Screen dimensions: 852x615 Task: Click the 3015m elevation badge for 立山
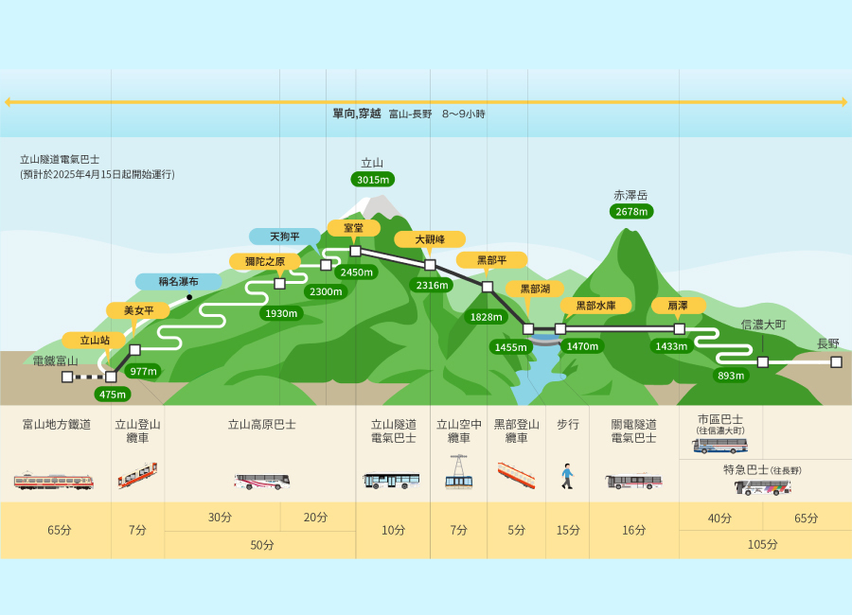[x=373, y=179]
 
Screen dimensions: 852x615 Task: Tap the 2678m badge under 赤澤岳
[x=631, y=211]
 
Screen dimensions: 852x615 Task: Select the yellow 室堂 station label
[x=353, y=228]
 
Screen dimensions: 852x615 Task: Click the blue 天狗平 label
[x=285, y=237]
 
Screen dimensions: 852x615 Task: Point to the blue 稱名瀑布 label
[x=178, y=281]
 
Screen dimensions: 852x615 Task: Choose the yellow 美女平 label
[x=138, y=310]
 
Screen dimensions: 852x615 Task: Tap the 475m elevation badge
[x=113, y=395]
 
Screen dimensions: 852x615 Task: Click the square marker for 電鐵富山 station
[x=67, y=377]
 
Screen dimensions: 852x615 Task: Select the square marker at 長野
[x=836, y=361]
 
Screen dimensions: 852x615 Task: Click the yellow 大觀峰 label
[x=430, y=239]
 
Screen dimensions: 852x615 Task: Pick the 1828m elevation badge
[x=486, y=317]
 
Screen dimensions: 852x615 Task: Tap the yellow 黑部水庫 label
[x=595, y=306]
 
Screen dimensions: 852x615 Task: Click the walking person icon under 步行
[x=567, y=477]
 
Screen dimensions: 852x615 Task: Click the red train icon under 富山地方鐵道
[x=54, y=481]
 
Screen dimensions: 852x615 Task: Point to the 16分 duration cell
[x=634, y=530]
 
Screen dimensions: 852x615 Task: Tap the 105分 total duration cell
[x=762, y=544]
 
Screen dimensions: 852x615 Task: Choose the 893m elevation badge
[x=731, y=376]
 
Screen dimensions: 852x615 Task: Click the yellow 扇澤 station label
[x=678, y=306]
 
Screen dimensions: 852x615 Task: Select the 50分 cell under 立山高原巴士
[x=261, y=545]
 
